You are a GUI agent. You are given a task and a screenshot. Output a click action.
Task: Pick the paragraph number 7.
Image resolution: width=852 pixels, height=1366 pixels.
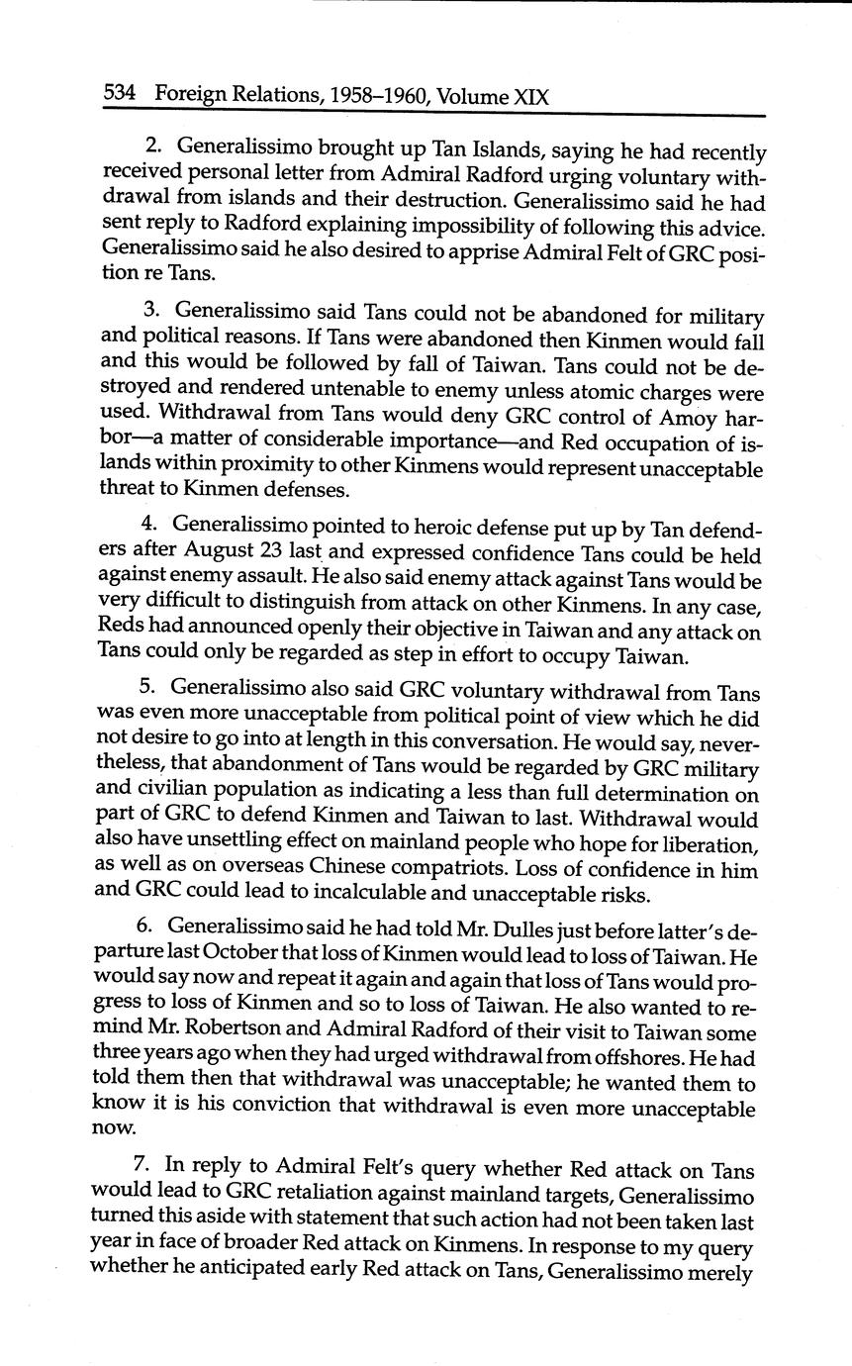(x=142, y=1165)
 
